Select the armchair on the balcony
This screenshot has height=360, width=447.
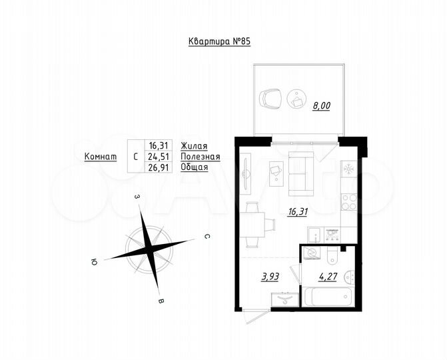pyautogui.click(x=270, y=99)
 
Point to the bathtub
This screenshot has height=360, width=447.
pyautogui.click(x=326, y=295)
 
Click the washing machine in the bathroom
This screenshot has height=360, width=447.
pyautogui.click(x=311, y=253)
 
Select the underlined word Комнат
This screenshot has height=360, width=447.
pyautogui.click(x=101, y=156)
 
